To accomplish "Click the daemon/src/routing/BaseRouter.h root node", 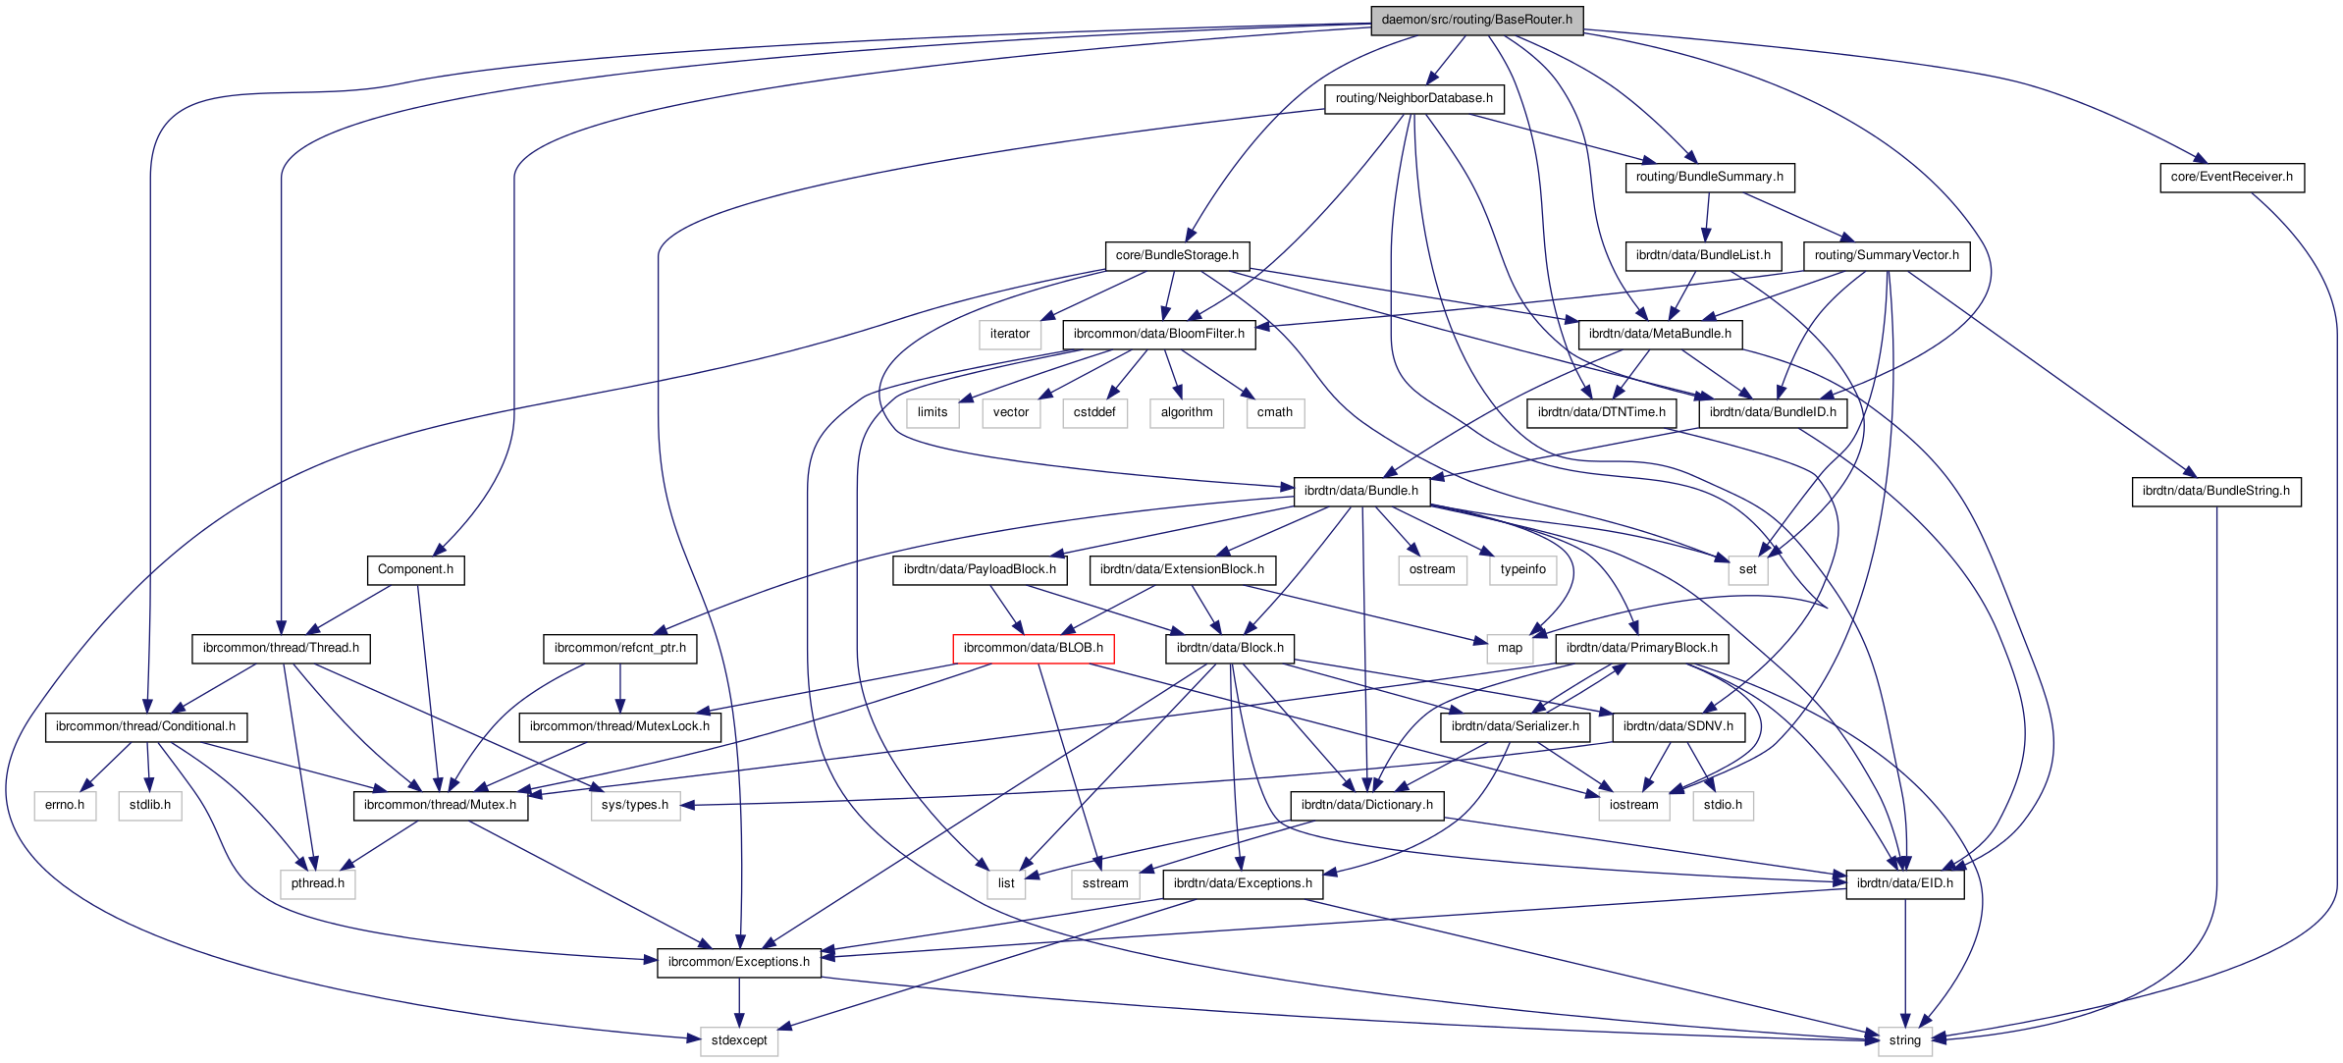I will [1476, 20].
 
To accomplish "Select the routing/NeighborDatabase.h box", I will [1413, 98].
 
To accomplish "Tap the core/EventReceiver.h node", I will [2231, 177].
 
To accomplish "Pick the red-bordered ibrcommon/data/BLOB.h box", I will [1033, 648].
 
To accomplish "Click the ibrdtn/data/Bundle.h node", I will [1360, 491].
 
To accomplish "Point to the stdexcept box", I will [739, 1040].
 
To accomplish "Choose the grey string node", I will [1904, 1040].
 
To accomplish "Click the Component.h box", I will [415, 569].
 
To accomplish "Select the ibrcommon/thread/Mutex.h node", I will [440, 805].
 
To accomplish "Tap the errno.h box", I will [65, 805].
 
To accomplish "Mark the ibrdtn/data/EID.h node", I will [1904, 883].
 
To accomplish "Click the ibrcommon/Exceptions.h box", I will [738, 962].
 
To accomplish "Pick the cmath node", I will [1274, 412].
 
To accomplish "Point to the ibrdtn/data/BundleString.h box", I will [2215, 491].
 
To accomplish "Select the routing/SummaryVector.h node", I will [1886, 255].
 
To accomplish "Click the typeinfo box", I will [1522, 569].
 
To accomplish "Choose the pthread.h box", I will [317, 883].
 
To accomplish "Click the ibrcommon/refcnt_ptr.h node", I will [619, 648].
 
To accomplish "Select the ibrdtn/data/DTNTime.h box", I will [1601, 412].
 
